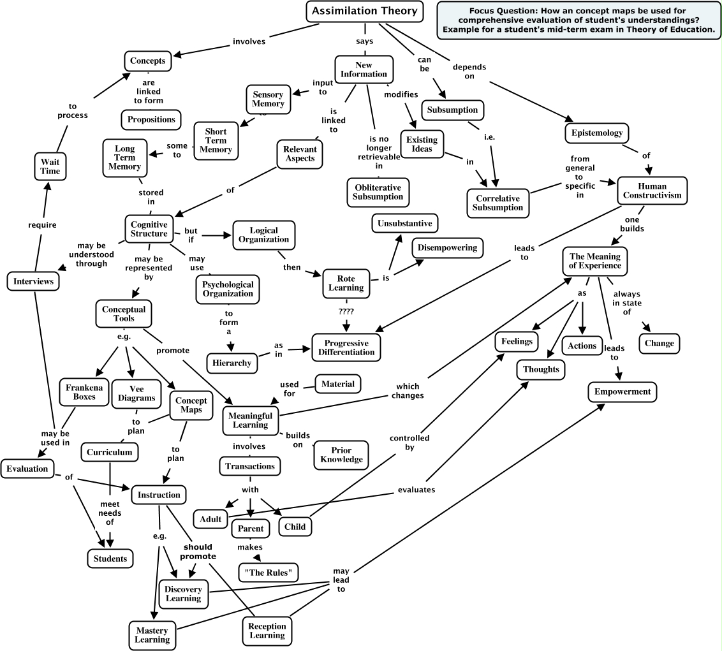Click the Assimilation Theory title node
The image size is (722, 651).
click(x=364, y=11)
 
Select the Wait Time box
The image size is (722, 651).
click(x=50, y=166)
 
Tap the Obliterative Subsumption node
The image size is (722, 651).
click(x=378, y=192)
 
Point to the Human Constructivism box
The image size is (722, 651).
click(x=652, y=191)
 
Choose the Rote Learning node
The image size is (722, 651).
click(x=346, y=283)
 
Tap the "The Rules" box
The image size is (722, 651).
click(x=269, y=572)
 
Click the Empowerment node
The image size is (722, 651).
click(x=622, y=391)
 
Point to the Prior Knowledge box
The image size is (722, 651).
click(x=341, y=455)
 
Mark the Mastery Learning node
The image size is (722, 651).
click(x=152, y=634)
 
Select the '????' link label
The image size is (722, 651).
click(x=346, y=311)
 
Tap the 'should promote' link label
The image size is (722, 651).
click(x=198, y=552)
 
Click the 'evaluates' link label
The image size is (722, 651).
click(x=416, y=490)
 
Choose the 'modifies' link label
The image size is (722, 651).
click(x=401, y=94)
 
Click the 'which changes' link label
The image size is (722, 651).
click(x=409, y=390)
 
